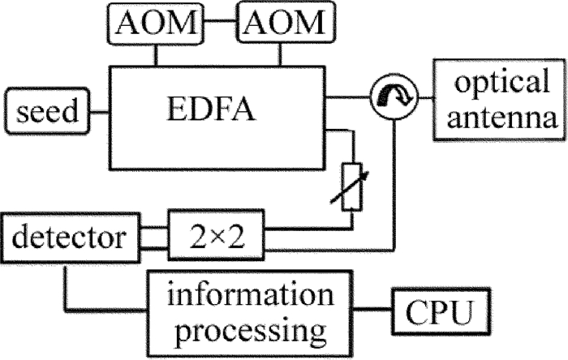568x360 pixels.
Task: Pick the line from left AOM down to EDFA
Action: [x=156, y=49]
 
